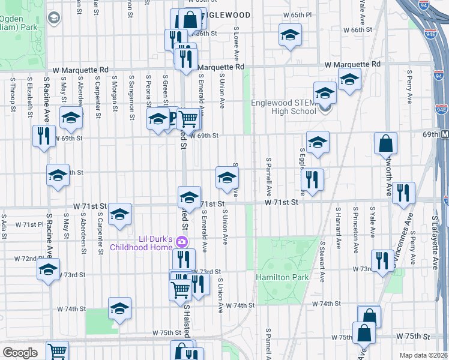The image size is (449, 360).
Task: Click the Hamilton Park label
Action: (x=282, y=277)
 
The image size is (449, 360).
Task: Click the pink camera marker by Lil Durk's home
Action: (x=183, y=241)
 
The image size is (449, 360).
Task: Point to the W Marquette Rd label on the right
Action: (x=352, y=64)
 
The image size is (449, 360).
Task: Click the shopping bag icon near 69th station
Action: (x=385, y=143)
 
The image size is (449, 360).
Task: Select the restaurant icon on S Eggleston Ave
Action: (x=312, y=178)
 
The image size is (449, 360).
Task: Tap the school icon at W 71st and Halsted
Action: (x=189, y=197)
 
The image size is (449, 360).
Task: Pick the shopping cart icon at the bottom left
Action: (x=58, y=352)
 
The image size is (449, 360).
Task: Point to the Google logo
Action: (x=20, y=353)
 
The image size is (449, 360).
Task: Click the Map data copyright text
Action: (x=424, y=355)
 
